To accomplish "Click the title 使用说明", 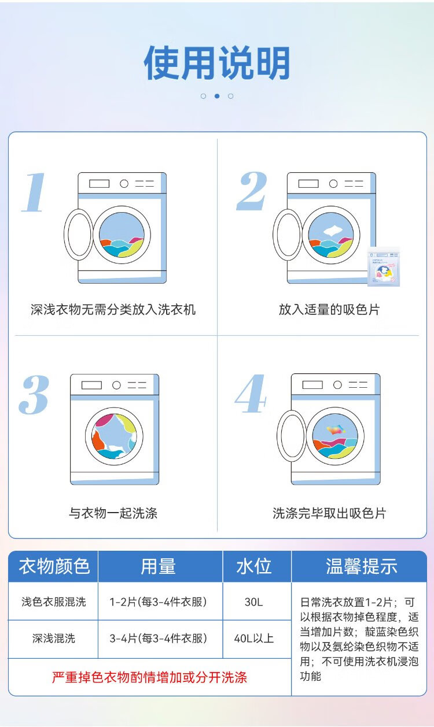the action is pyautogui.click(x=217, y=63).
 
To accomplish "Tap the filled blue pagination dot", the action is pyautogui.click(x=217, y=96).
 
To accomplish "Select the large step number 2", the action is pyautogui.click(x=252, y=191).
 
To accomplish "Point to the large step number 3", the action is pyautogui.click(x=34, y=395).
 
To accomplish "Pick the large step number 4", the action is pyautogui.click(x=251, y=394).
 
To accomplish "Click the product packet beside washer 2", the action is pyautogui.click(x=384, y=267).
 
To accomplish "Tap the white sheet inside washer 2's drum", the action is pyautogui.click(x=333, y=230).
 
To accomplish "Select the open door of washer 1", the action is pyautogui.click(x=79, y=234).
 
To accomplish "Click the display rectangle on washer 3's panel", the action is pyautogui.click(x=91, y=385).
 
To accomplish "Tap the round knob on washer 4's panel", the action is pyautogui.click(x=337, y=385).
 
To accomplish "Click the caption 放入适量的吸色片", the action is pyautogui.click(x=329, y=310).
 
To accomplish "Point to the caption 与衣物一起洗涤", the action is pyautogui.click(x=113, y=513).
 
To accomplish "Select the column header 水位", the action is pyautogui.click(x=254, y=566).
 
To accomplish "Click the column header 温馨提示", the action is pyautogui.click(x=362, y=566).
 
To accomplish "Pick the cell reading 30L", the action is pyautogui.click(x=254, y=602).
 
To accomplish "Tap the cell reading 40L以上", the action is pyautogui.click(x=254, y=639).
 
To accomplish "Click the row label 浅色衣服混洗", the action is pyautogui.click(x=54, y=602).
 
